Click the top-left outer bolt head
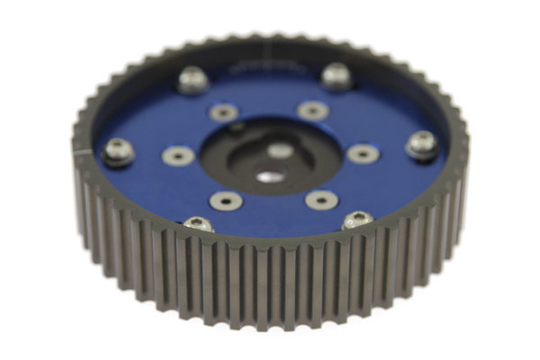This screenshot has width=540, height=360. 193,79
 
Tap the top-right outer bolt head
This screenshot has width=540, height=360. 336,76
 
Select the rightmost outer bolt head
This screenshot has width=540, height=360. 421,144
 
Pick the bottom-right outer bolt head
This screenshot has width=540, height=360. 357,220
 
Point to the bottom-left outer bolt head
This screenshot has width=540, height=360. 198,223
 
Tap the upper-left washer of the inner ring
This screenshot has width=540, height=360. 223,112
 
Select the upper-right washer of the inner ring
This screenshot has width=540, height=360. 312,110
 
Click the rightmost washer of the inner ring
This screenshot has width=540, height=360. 362,153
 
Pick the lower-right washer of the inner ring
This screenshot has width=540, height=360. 321,199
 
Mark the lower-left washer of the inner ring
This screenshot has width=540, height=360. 224,200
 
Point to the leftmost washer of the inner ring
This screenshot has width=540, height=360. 178,156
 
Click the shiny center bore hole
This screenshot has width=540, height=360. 269,176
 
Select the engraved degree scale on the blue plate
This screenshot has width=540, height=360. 262,67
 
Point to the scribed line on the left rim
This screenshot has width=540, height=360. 82,155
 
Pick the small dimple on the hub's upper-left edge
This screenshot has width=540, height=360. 236,129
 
